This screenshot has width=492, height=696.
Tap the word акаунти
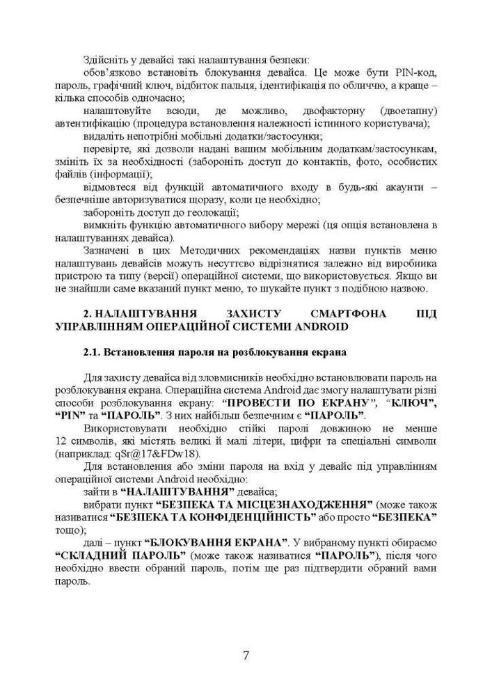(395, 187)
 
